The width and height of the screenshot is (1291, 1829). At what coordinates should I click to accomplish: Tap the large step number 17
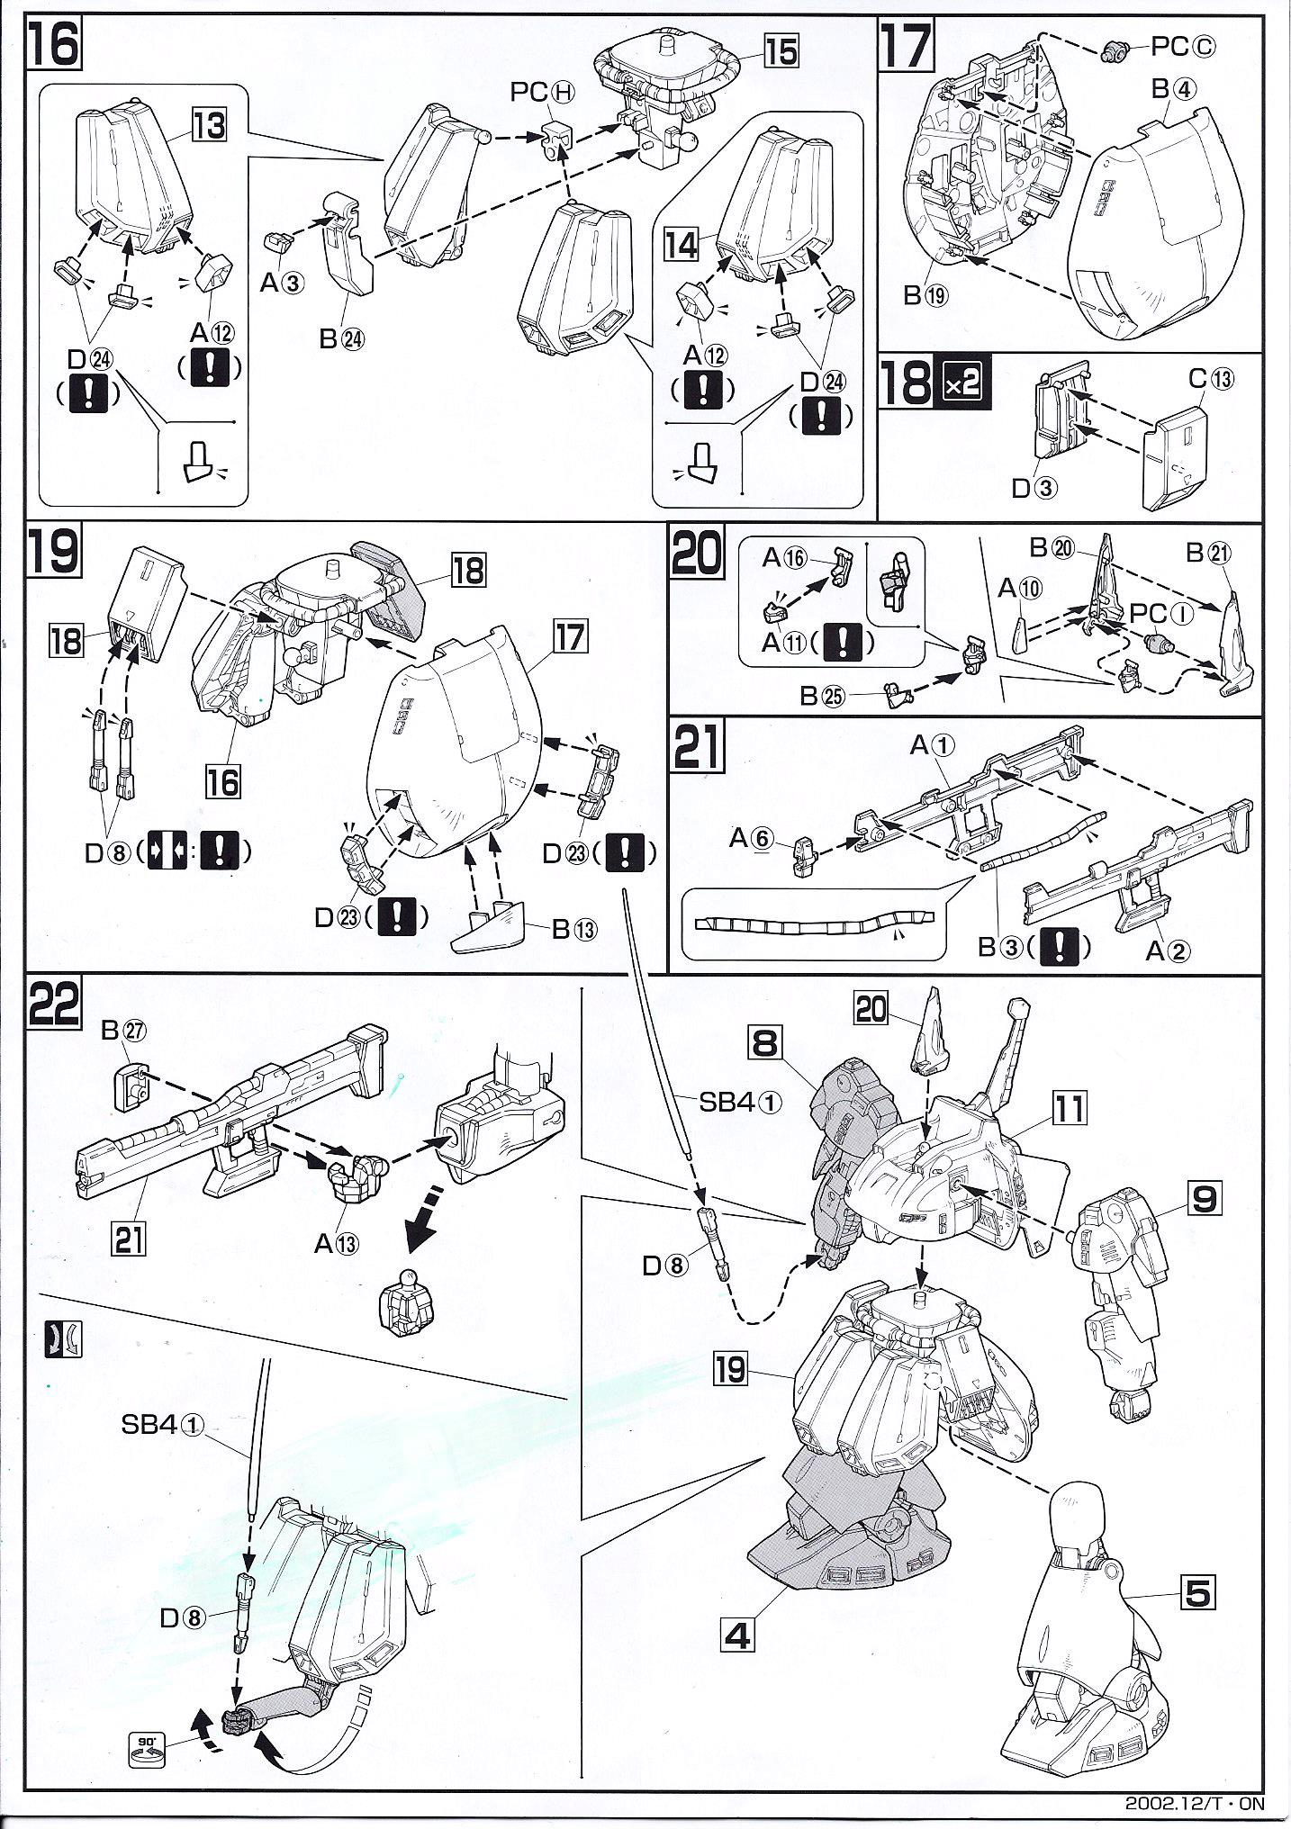coord(906,47)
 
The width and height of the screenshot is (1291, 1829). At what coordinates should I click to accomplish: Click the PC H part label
coord(543,93)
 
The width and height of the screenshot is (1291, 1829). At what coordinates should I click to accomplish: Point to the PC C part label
coord(1183,49)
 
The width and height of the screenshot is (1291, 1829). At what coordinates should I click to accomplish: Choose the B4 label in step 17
coord(1172,89)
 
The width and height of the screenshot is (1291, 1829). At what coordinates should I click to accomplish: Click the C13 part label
coord(1212,379)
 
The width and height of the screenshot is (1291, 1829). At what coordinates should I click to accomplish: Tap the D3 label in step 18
coord(1034,488)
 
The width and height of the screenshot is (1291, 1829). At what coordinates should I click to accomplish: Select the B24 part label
coord(342,339)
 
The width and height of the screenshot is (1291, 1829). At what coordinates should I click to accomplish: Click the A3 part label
coord(283,284)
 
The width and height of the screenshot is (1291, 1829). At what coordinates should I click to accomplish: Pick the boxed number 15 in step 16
coord(781,51)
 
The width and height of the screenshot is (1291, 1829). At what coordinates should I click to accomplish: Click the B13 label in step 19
coord(573,930)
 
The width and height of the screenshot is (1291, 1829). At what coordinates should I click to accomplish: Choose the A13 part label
coord(336,1244)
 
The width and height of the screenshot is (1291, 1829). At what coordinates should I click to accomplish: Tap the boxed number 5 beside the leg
coord(1198,1595)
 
